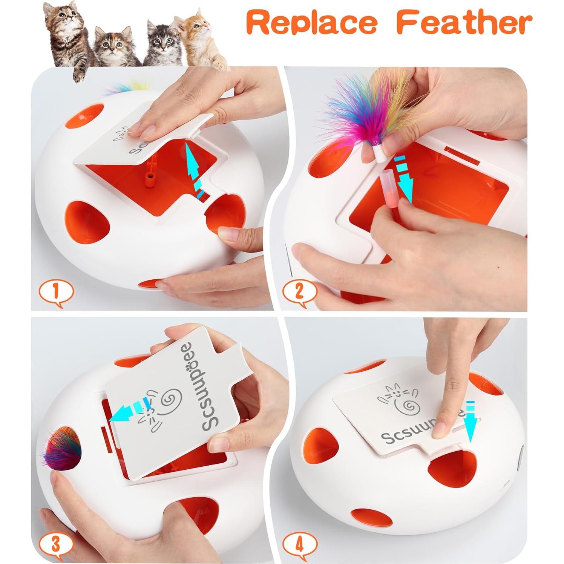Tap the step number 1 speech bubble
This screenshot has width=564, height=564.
pos(56,292)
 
